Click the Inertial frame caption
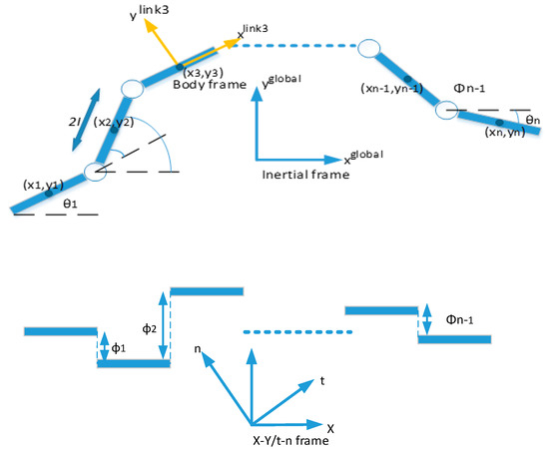coord(302,174)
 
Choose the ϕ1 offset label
coord(117,346)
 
